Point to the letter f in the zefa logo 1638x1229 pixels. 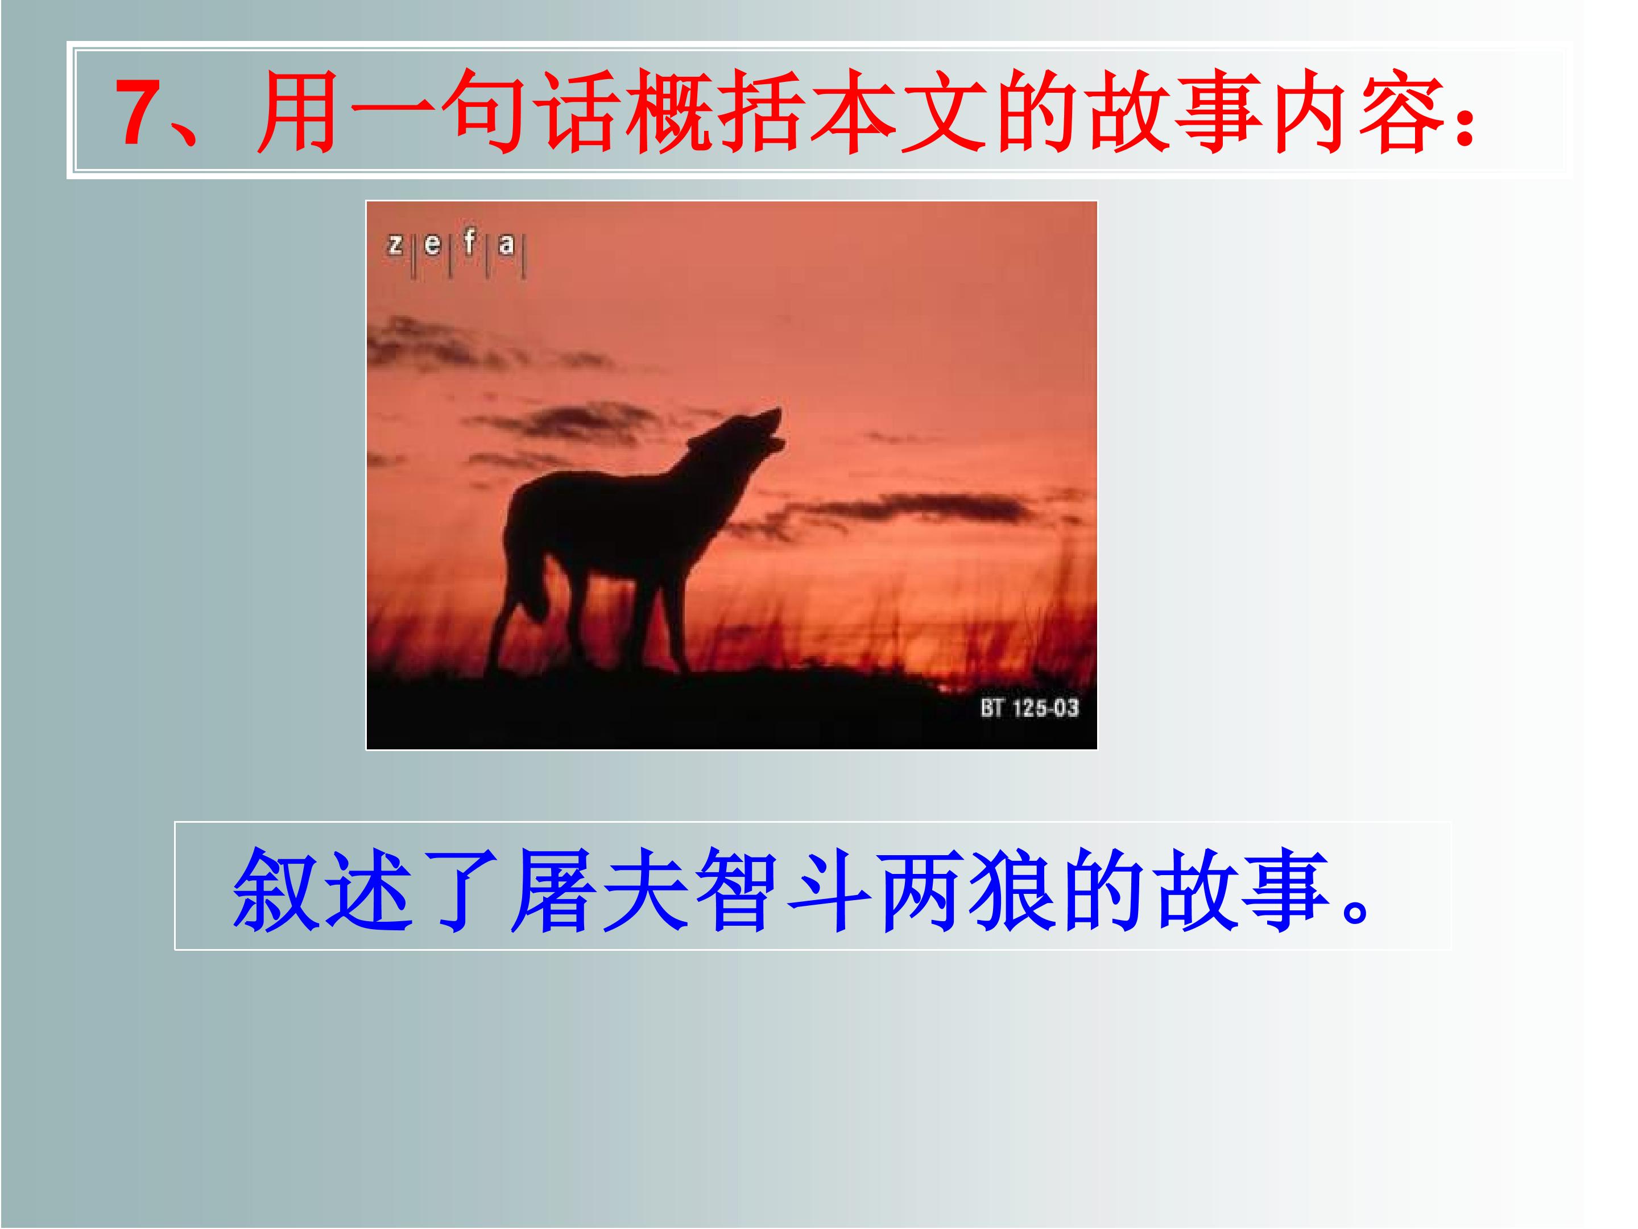(x=469, y=241)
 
